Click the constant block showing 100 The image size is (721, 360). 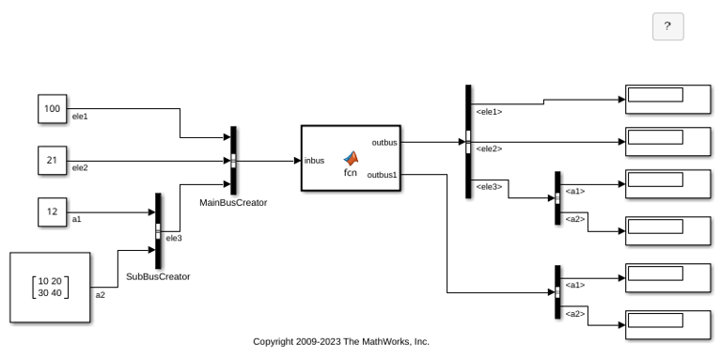pyautogui.click(x=53, y=109)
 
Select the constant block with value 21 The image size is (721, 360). pyautogui.click(x=53, y=161)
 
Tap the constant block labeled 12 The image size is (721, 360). pyautogui.click(x=53, y=211)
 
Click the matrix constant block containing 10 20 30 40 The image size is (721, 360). pyautogui.click(x=50, y=288)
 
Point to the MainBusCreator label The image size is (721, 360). pyautogui.click(x=233, y=203)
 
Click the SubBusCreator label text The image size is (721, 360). pyautogui.click(x=158, y=276)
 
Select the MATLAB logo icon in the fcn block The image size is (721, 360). pyautogui.click(x=351, y=159)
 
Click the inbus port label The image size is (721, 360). pyautogui.click(x=314, y=161)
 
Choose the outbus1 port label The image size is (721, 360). pyautogui.click(x=382, y=175)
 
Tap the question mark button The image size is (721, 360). pyautogui.click(x=668, y=26)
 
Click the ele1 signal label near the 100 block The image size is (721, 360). pyautogui.click(x=80, y=117)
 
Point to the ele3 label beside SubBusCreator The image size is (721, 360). pyautogui.click(x=174, y=238)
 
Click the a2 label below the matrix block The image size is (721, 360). pyautogui.click(x=101, y=295)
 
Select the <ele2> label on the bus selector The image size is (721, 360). pyautogui.click(x=489, y=149)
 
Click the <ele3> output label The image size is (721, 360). pyautogui.click(x=489, y=187)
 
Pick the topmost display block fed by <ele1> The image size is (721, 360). pyautogui.click(x=668, y=99)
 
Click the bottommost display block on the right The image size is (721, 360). pyautogui.click(x=668, y=324)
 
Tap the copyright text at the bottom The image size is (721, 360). pyautogui.click(x=341, y=341)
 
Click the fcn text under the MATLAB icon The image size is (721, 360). pyautogui.click(x=351, y=173)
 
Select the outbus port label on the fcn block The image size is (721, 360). pyautogui.click(x=384, y=143)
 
